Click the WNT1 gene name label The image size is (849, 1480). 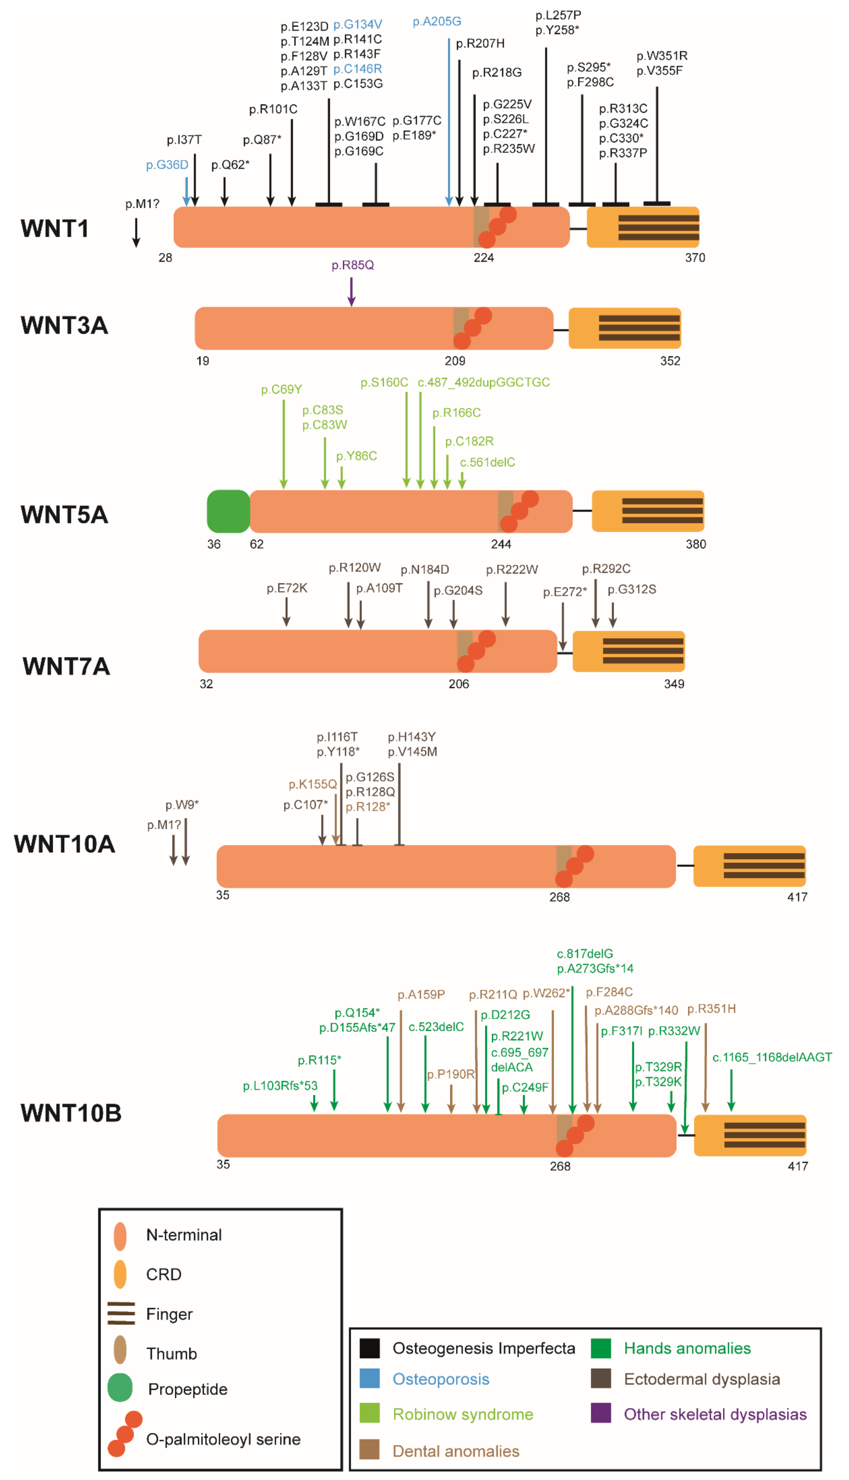coord(55,228)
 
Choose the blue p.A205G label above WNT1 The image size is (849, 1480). coord(437,21)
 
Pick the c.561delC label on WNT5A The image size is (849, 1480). coord(487,462)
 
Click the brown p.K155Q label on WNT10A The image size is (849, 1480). coord(313,784)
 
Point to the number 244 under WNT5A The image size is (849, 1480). coord(501,544)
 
